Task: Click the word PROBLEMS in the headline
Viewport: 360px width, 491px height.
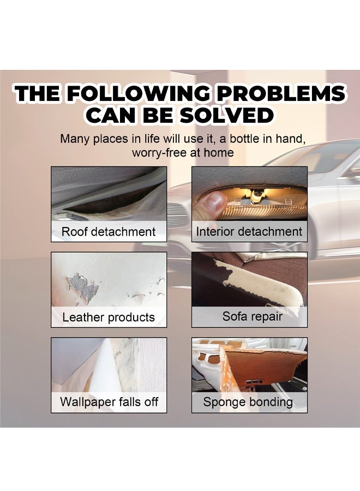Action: (x=281, y=93)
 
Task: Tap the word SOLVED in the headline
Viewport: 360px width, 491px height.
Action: (x=226, y=115)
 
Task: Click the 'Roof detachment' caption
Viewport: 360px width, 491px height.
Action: (x=109, y=232)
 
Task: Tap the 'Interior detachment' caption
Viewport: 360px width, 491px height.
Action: (x=249, y=232)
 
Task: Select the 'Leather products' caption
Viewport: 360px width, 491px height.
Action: (x=109, y=317)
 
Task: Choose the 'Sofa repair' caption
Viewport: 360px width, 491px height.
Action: (x=253, y=316)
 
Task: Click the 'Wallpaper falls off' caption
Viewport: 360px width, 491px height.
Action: (x=109, y=402)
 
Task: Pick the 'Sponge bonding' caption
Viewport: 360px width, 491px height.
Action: (x=248, y=402)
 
